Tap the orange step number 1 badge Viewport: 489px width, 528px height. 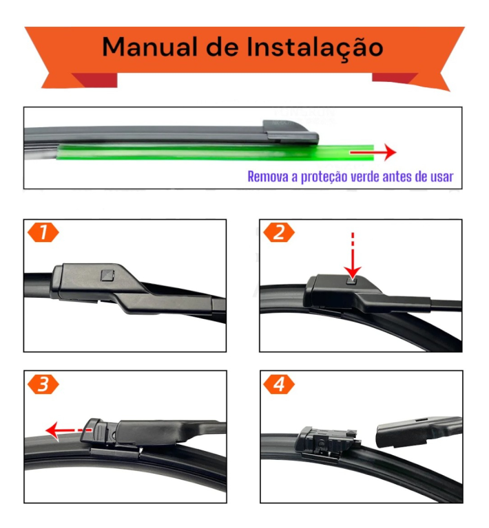click(x=43, y=232)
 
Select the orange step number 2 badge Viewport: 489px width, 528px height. click(x=278, y=232)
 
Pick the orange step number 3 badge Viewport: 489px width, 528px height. click(x=43, y=384)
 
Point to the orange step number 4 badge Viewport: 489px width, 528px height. click(x=278, y=384)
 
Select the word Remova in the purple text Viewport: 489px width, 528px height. click(x=268, y=177)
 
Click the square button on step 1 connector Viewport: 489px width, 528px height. click(x=107, y=276)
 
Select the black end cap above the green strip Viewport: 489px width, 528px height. click(x=288, y=129)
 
